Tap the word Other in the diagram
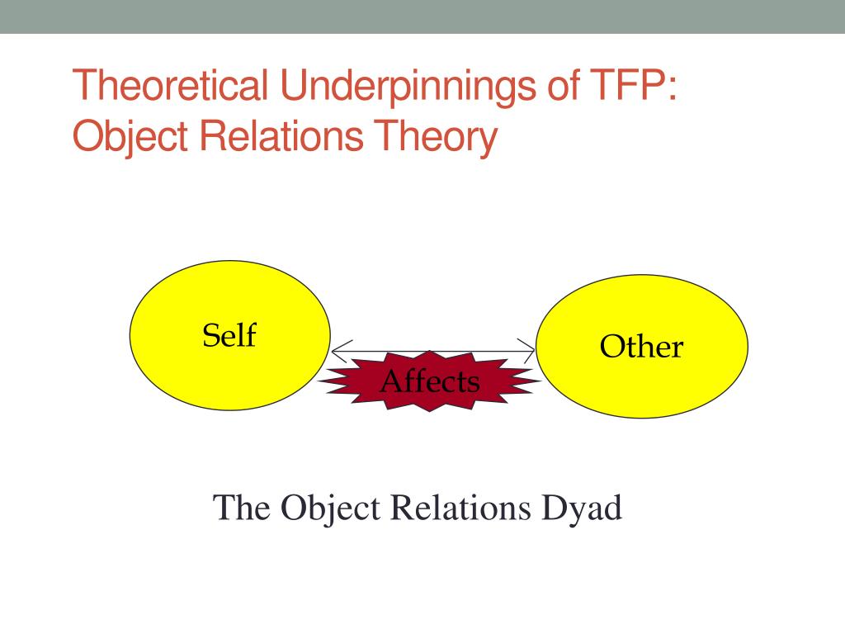click(641, 346)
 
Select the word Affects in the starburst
click(429, 381)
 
